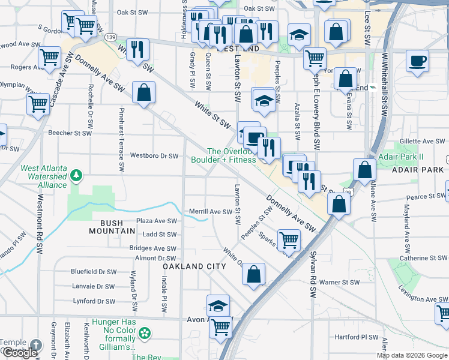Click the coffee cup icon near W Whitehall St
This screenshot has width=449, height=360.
click(x=417, y=61)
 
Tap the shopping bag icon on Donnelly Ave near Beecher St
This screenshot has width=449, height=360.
click(x=143, y=92)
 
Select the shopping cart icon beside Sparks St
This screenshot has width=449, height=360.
click(x=289, y=240)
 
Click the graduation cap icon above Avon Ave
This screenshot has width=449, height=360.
click(x=218, y=305)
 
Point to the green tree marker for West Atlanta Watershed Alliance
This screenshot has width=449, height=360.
click(x=76, y=175)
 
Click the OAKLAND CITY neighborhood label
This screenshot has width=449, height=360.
click(x=192, y=265)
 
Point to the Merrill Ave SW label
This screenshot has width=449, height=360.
click(x=210, y=212)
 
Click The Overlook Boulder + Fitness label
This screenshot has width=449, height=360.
click(x=223, y=155)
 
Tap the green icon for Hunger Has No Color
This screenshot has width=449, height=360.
click(x=144, y=332)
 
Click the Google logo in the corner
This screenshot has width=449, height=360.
click(x=20, y=353)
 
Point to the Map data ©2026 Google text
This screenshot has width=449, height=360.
click(x=412, y=355)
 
